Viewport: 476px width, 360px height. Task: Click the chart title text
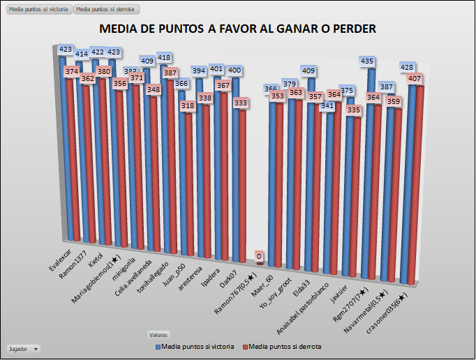[238, 29]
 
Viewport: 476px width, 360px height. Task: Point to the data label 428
[408, 67]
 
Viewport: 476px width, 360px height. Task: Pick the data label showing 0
[259, 257]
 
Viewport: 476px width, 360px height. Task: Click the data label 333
[241, 103]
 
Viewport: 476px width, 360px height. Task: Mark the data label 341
[327, 106]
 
